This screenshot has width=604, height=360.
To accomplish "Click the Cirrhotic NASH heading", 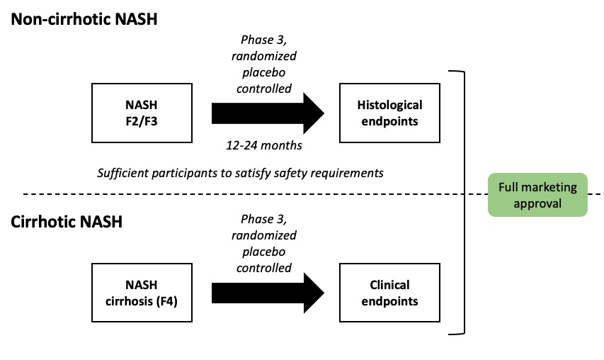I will (67, 222).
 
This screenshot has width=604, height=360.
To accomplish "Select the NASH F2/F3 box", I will (142, 113).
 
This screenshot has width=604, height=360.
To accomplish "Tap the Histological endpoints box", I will (389, 113).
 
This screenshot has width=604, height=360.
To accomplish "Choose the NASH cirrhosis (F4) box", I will (142, 293).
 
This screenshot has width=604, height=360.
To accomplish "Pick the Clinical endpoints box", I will (389, 293).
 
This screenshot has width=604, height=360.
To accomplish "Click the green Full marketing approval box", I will (537, 195).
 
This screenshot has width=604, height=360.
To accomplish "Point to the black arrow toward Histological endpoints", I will (268, 113).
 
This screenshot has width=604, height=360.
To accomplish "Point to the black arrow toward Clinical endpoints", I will (268, 293).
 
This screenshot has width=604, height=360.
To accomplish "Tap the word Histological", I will (389, 105).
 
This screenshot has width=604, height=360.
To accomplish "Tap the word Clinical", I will (389, 285).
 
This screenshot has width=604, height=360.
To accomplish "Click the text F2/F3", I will (142, 120).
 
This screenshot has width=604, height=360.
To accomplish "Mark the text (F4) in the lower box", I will (168, 300).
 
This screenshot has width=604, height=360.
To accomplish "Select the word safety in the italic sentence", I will (304, 172).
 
